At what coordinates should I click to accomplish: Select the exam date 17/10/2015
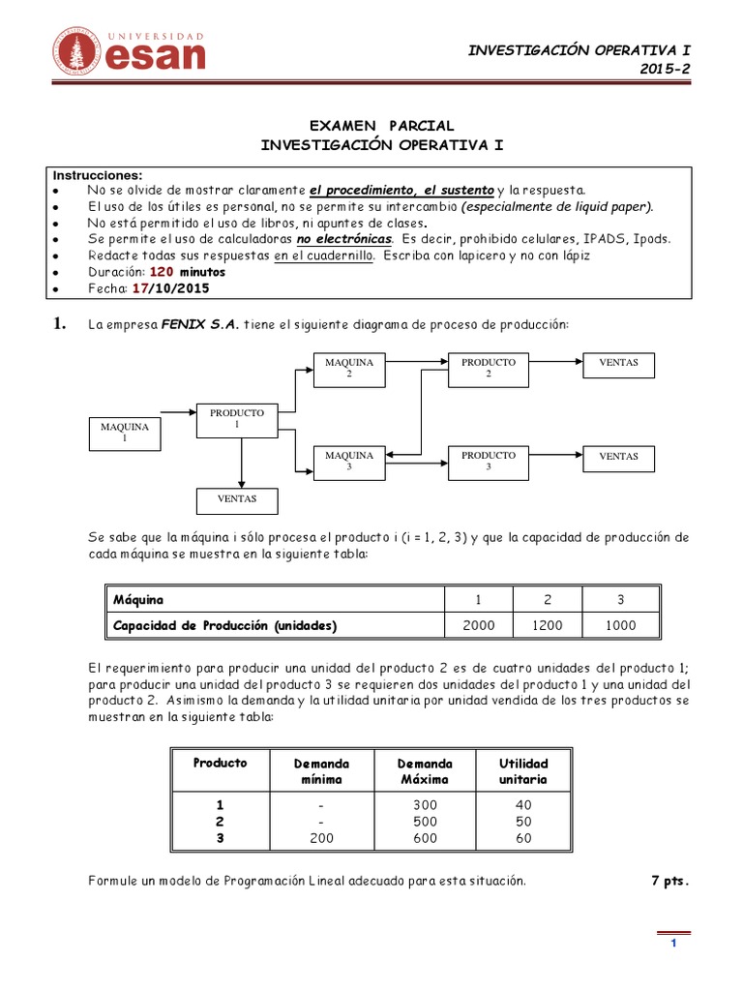(169, 288)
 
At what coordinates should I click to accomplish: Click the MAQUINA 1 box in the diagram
(125, 433)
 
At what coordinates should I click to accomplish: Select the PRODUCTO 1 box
(236, 419)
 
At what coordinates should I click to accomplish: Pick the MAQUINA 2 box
(349, 368)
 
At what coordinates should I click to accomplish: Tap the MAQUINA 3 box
(349, 461)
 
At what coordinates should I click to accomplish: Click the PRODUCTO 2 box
(488, 368)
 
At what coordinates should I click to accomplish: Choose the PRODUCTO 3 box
(488, 461)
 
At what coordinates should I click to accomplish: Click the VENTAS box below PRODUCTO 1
(237, 500)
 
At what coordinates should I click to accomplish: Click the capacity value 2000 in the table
(478, 625)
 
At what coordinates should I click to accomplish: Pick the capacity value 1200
(547, 625)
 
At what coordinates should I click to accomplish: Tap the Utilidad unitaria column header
(523, 771)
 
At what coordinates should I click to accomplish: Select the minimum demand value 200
(321, 838)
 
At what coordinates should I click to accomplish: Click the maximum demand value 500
(424, 822)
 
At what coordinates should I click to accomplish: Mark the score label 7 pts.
(671, 881)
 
